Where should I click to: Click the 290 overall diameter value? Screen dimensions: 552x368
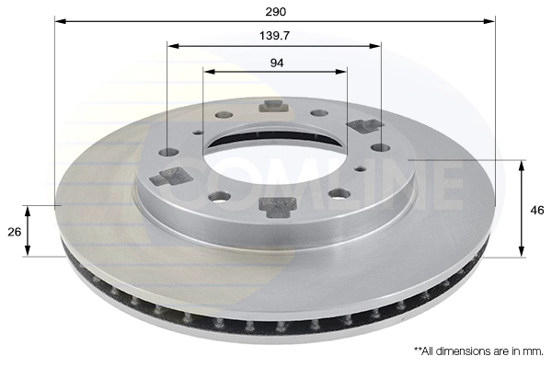pyautogui.click(x=276, y=12)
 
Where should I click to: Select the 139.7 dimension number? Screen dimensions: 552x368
pyautogui.click(x=274, y=36)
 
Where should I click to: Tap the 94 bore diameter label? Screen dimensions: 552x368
pyautogui.click(x=277, y=63)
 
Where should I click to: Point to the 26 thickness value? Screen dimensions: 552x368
pyautogui.click(x=15, y=232)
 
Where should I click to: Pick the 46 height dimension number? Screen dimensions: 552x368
pyautogui.click(x=537, y=211)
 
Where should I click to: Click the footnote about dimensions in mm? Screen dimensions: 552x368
pyautogui.click(x=478, y=351)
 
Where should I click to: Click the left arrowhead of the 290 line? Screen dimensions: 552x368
pyautogui.click(x=61, y=21)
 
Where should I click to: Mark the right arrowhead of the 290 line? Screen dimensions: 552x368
pyautogui.click(x=489, y=21)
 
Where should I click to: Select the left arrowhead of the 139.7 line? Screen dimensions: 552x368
pyautogui.click(x=173, y=46)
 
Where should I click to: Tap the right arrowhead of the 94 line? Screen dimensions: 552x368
pyautogui.click(x=340, y=72)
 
